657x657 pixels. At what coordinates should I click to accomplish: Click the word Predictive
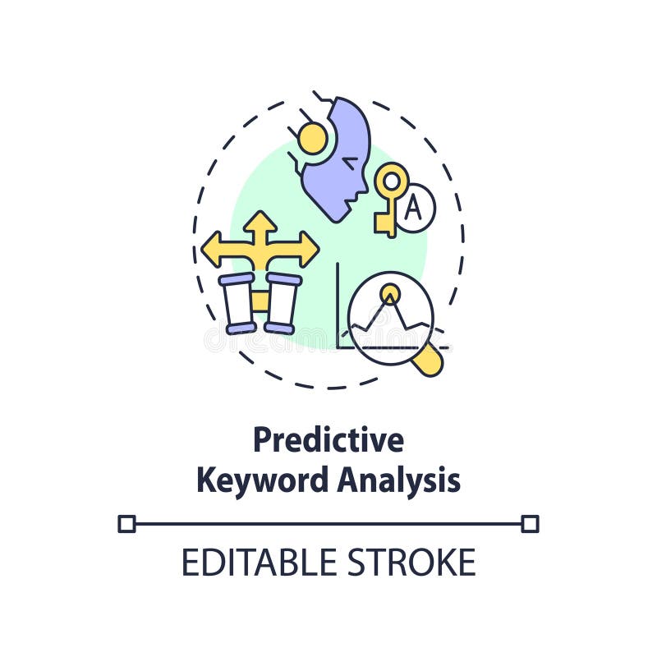tap(328, 440)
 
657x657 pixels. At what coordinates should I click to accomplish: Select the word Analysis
tap(398, 480)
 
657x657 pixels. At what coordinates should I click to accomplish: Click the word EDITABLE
tap(252, 563)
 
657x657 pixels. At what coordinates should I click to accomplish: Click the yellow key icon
tap(389, 197)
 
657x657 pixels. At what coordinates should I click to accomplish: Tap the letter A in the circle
tap(415, 208)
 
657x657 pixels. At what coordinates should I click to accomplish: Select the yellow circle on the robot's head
tap(312, 139)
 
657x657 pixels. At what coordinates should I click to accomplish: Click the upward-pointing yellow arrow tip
tap(260, 221)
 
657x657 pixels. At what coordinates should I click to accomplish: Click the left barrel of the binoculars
tap(238, 301)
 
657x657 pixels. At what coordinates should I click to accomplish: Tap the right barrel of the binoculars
tap(282, 301)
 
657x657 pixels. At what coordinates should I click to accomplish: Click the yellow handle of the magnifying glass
tap(427, 359)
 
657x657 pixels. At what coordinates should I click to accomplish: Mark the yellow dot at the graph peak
tap(390, 293)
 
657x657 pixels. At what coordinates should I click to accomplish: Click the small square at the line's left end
tap(126, 523)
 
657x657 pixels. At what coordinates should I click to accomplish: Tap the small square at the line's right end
tap(531, 523)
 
